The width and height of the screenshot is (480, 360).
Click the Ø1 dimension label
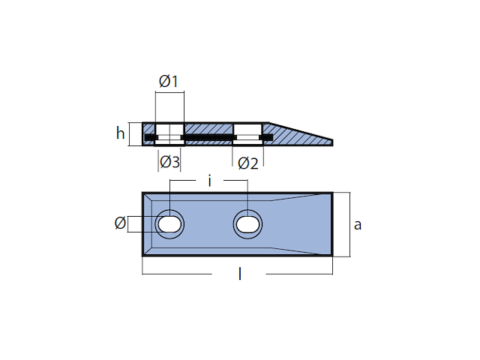pyautogui.click(x=168, y=82)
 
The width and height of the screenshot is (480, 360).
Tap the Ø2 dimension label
pyautogui.click(x=248, y=163)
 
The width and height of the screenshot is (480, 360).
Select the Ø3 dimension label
pyautogui.click(x=169, y=162)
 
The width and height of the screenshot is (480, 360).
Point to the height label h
pyautogui.click(x=120, y=133)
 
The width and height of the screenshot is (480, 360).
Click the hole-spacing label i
pyautogui.click(x=210, y=181)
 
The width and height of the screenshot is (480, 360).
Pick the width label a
pyautogui.click(x=358, y=225)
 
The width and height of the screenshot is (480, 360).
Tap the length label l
pyautogui.click(x=240, y=274)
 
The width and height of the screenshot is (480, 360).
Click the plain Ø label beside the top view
pyautogui.click(x=120, y=223)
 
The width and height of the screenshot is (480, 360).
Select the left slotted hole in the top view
pyautogui.click(x=169, y=224)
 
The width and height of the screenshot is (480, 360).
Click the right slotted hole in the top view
pyautogui.click(x=247, y=224)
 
